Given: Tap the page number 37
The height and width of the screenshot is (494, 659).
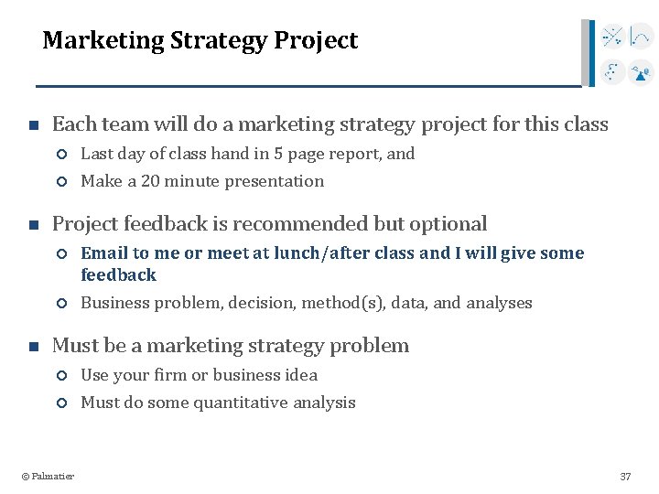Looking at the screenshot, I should point(625,477).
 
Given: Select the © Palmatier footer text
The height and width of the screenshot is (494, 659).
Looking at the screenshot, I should point(48,476).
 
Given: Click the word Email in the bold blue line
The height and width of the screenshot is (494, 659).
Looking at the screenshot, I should point(104,253).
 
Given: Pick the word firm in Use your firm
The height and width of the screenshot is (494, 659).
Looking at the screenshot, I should point(167,375).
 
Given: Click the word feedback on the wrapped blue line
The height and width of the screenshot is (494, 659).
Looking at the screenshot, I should point(118,275).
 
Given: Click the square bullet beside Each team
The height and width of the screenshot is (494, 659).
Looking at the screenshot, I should point(32,125).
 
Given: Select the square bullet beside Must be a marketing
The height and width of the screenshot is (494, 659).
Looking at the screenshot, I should point(32,347).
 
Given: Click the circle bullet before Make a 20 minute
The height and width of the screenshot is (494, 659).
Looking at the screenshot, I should point(62,182).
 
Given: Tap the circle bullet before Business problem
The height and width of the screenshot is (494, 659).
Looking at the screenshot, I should point(62,304).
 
